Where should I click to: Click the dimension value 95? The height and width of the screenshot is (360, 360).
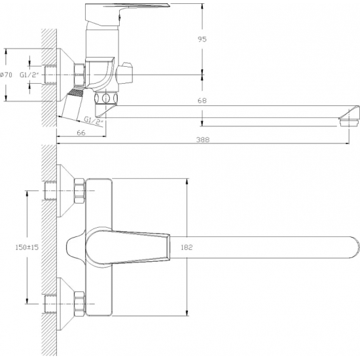[x=204, y=39]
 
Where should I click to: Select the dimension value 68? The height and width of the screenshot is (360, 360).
[x=204, y=100]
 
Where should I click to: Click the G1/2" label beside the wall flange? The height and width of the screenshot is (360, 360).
[x=29, y=74]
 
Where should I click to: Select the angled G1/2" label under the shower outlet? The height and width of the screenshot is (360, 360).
[x=94, y=120]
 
